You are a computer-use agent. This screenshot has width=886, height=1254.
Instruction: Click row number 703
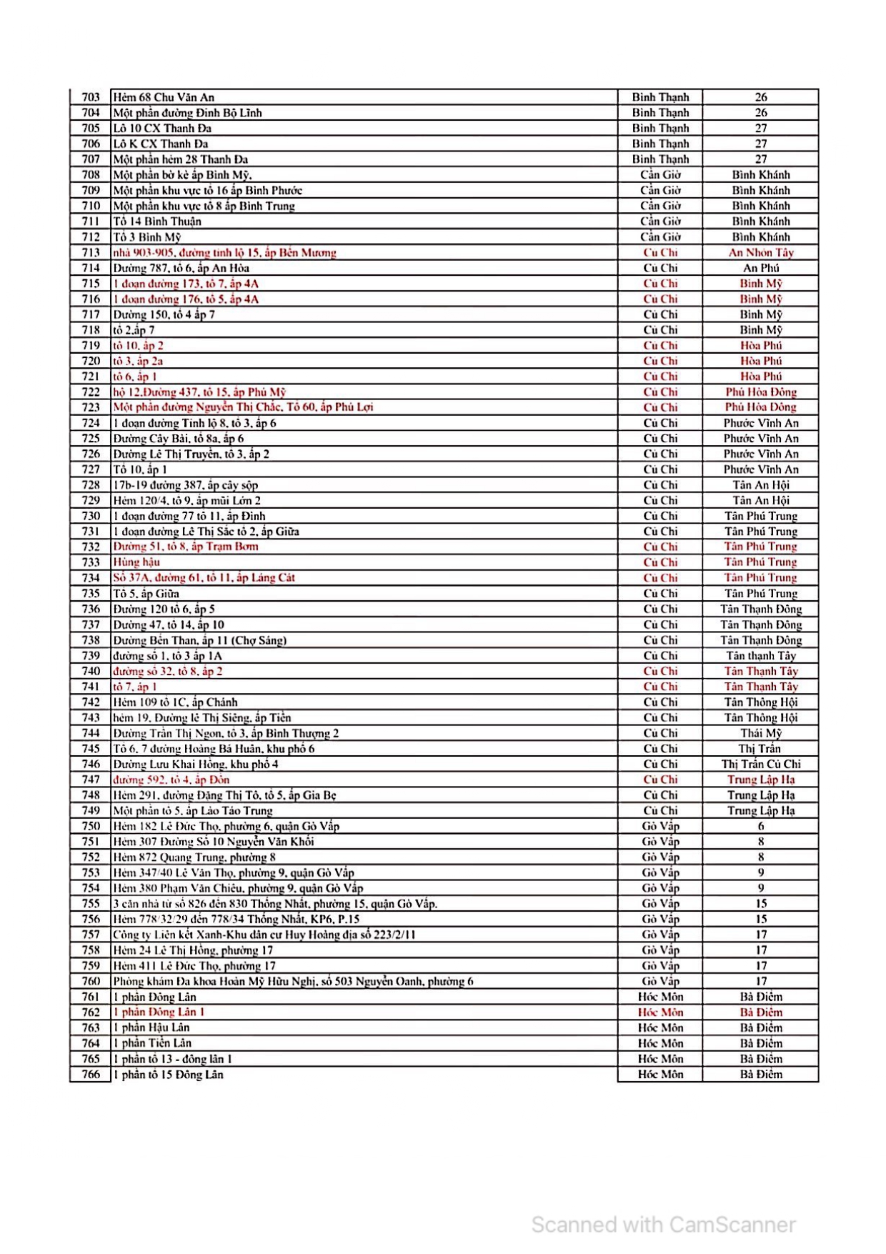[91, 97]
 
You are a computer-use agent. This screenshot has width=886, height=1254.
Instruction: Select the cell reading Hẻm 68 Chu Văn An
[164, 97]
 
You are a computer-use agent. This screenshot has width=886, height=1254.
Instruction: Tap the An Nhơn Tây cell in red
[760, 252]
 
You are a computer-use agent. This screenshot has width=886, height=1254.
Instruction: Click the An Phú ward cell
[760, 268]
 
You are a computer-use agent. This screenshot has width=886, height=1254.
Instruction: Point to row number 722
[91, 392]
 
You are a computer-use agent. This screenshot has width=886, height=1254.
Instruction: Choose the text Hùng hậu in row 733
[136, 562]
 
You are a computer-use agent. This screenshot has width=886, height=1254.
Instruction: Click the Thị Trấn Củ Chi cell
[760, 764]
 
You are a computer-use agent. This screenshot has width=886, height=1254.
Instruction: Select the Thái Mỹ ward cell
[760, 733]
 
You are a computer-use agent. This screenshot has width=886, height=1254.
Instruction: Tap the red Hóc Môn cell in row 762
[660, 1012]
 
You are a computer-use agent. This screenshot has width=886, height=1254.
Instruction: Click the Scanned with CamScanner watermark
[663, 1225]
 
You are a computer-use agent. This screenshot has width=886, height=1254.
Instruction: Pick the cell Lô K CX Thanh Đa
[161, 144]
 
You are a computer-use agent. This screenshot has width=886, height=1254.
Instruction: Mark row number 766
[91, 1075]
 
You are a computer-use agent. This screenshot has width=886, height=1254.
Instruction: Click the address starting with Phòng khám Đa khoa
[293, 982]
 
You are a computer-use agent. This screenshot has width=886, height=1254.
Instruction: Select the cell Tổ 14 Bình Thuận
[157, 222]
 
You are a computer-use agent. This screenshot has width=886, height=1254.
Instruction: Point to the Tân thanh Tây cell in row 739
[760, 656]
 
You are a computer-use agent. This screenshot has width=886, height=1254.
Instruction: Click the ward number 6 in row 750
[760, 826]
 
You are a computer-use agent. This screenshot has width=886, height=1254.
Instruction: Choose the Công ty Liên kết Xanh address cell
[264, 935]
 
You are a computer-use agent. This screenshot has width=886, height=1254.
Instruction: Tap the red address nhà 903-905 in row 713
[224, 252]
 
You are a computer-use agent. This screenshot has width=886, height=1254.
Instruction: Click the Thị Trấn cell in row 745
[760, 749]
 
